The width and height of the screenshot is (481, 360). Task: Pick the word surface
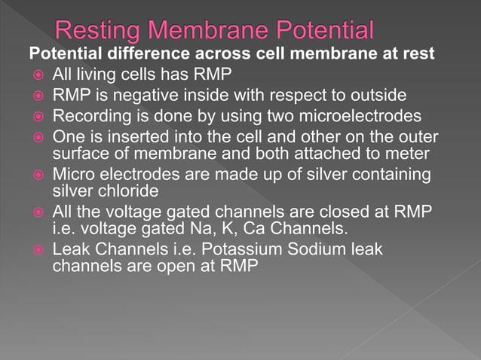(80, 154)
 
